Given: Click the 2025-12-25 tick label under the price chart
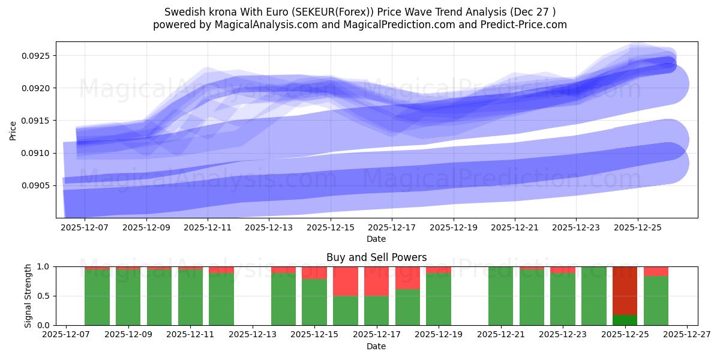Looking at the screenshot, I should tap(638, 228).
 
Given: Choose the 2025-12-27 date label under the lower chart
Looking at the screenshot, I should tap(686, 335).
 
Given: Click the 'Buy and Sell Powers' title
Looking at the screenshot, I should tap(376, 257).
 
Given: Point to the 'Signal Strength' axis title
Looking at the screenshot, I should tap(28, 296).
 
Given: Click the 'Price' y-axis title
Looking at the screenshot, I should tap(13, 130).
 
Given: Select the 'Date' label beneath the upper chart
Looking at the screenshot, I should tap(376, 239).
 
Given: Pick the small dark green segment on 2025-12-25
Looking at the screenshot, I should tap(625, 320).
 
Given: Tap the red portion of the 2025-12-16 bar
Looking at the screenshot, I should tap(346, 281).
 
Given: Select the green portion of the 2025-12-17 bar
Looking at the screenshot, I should tap(376, 310).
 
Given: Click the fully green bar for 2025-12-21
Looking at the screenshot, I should tap(500, 296).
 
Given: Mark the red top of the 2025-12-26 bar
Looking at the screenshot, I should tap(656, 271).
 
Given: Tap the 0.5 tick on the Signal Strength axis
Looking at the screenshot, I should tap(48, 296).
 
